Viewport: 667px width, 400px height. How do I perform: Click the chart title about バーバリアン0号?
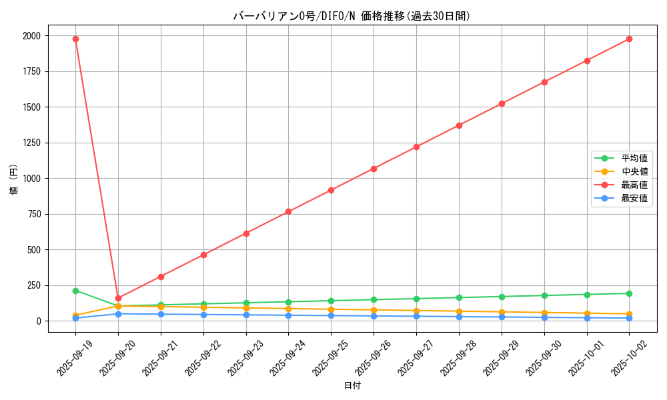[x=352, y=16]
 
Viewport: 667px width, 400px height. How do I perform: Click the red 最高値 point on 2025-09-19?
[x=75, y=39]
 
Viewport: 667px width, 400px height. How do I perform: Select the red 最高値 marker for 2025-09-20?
[x=118, y=298]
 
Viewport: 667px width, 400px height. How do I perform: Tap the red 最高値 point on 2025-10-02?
[x=629, y=39]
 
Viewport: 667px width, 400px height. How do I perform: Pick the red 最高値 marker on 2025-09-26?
[x=374, y=169]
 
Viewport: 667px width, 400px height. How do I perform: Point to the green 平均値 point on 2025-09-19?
[x=75, y=291]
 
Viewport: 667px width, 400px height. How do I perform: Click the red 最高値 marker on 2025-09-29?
[x=502, y=103]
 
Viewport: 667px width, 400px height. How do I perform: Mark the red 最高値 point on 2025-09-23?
[x=246, y=233]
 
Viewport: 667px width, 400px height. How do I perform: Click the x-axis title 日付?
[x=352, y=386]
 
